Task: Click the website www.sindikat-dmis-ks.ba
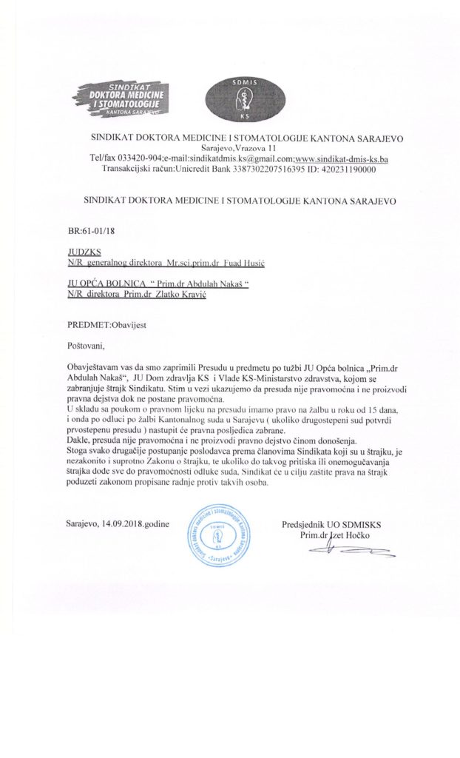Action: point(349,159)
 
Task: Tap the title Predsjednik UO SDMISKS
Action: point(333,524)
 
